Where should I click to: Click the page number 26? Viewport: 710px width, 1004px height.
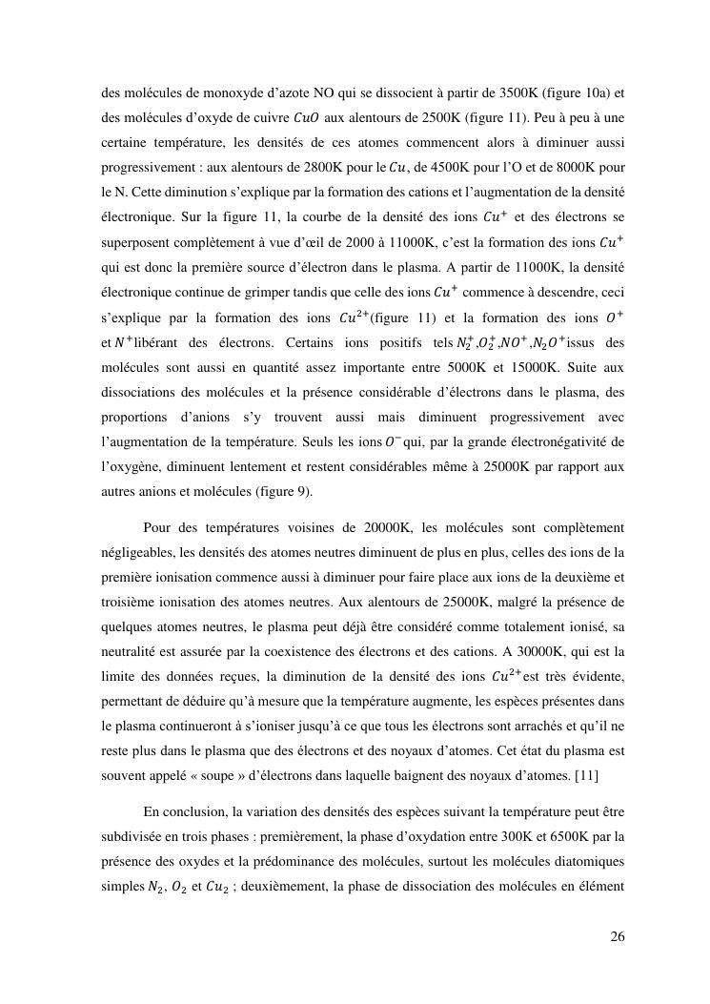(618, 936)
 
